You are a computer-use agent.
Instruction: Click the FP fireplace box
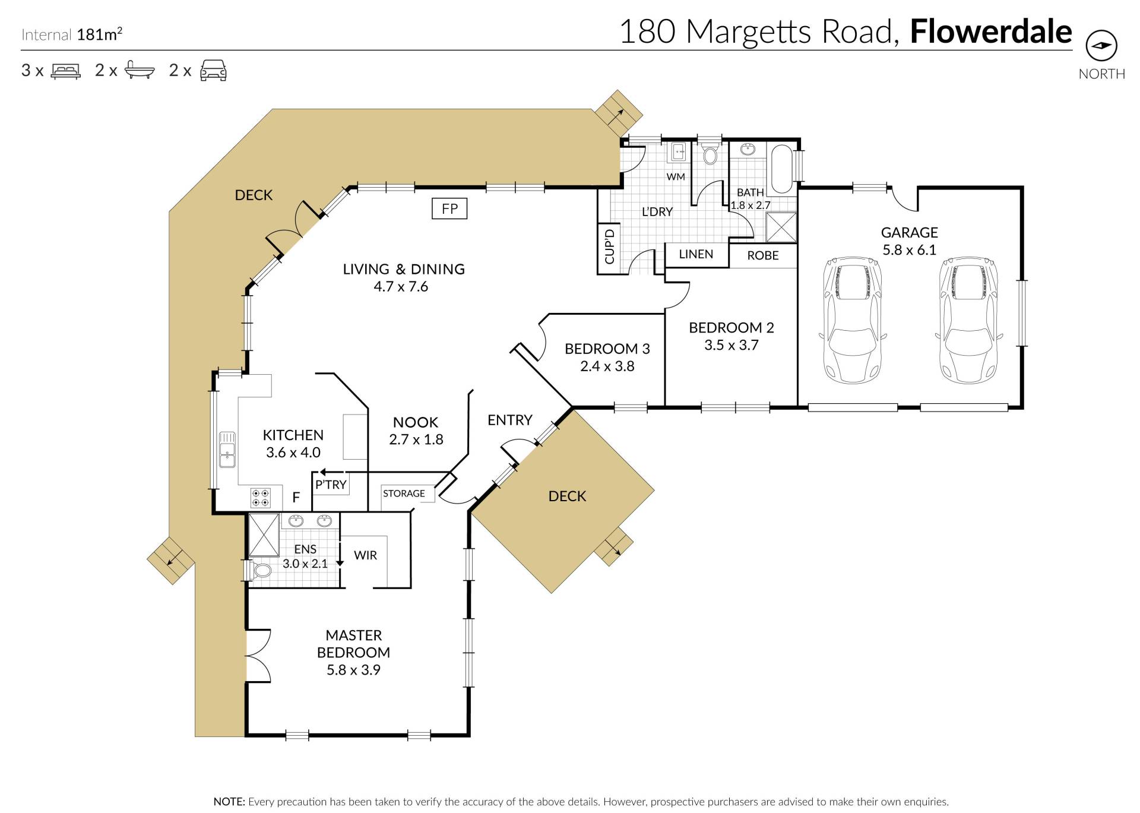click(x=449, y=208)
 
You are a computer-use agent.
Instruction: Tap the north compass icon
click(x=1101, y=46)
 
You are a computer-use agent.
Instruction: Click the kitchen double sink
click(x=227, y=450)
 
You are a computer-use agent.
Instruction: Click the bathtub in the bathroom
click(x=781, y=169)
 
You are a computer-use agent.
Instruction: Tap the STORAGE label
click(x=404, y=494)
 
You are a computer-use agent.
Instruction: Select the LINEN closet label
click(x=696, y=254)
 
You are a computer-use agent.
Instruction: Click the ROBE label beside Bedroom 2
click(x=763, y=255)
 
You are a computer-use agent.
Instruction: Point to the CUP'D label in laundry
click(x=609, y=246)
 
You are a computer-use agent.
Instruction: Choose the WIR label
click(x=365, y=555)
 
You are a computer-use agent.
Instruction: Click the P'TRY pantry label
click(x=331, y=485)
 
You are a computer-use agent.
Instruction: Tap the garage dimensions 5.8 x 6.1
click(x=909, y=250)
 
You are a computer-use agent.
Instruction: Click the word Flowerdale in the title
click(x=991, y=31)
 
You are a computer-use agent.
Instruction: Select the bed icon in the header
click(x=65, y=71)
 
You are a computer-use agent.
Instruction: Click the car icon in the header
click(x=213, y=70)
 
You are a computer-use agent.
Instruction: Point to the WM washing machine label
click(x=676, y=176)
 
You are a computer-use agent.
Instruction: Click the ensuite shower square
click(x=264, y=535)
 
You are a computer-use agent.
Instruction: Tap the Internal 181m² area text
click(x=72, y=34)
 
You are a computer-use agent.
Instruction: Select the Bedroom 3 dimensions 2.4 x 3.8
click(x=607, y=366)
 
